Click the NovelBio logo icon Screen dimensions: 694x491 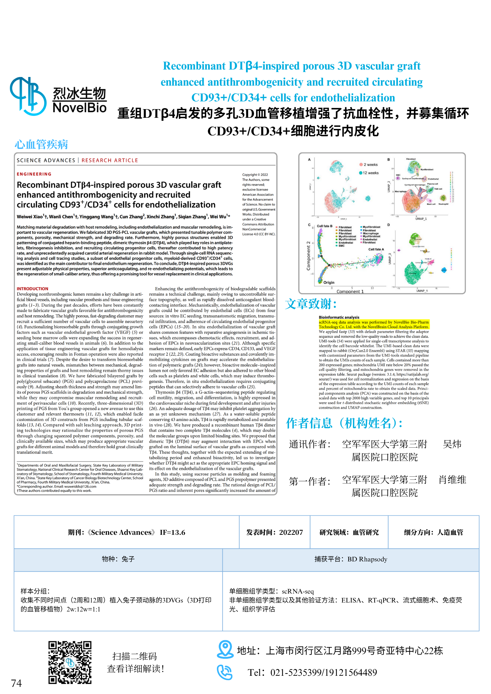tap(28, 96)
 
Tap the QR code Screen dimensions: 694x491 tap(70, 662)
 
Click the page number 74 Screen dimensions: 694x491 tap(16, 683)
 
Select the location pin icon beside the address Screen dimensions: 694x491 tap(225, 649)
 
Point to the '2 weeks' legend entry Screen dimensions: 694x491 tap(368, 165)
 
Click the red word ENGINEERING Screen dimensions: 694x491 tap(34, 174)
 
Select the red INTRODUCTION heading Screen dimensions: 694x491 tap(32, 289)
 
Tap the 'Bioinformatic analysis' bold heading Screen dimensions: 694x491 tap(339, 317)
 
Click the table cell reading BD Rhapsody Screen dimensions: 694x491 tap(351, 559)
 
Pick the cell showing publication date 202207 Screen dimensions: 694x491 tap(274, 532)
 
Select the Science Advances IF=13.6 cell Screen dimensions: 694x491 tap(127, 532)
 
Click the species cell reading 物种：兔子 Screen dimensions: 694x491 tap(118, 559)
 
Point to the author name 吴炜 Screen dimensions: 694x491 tap(452, 444)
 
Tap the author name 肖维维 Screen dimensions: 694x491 tap(452, 480)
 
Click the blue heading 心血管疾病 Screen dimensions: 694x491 tap(41, 144)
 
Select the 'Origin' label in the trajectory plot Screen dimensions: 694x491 tap(329, 283)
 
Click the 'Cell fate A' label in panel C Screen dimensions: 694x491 tap(376, 249)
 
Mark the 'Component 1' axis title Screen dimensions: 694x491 tap(350, 292)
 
